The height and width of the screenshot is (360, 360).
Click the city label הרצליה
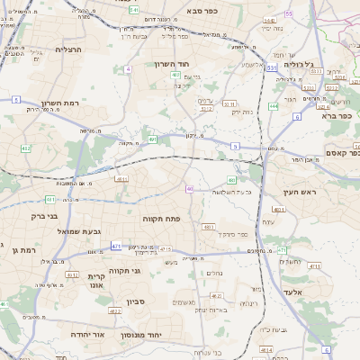(68, 49)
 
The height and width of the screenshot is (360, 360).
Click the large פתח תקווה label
(161, 219)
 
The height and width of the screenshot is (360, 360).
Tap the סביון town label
(136, 301)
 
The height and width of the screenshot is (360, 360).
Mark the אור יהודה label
(88, 334)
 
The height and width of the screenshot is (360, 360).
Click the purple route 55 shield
(288, 13)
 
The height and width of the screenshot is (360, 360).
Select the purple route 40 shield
(190, 188)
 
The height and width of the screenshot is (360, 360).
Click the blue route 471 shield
(116, 245)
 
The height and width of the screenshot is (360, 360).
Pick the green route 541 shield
(133, 9)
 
